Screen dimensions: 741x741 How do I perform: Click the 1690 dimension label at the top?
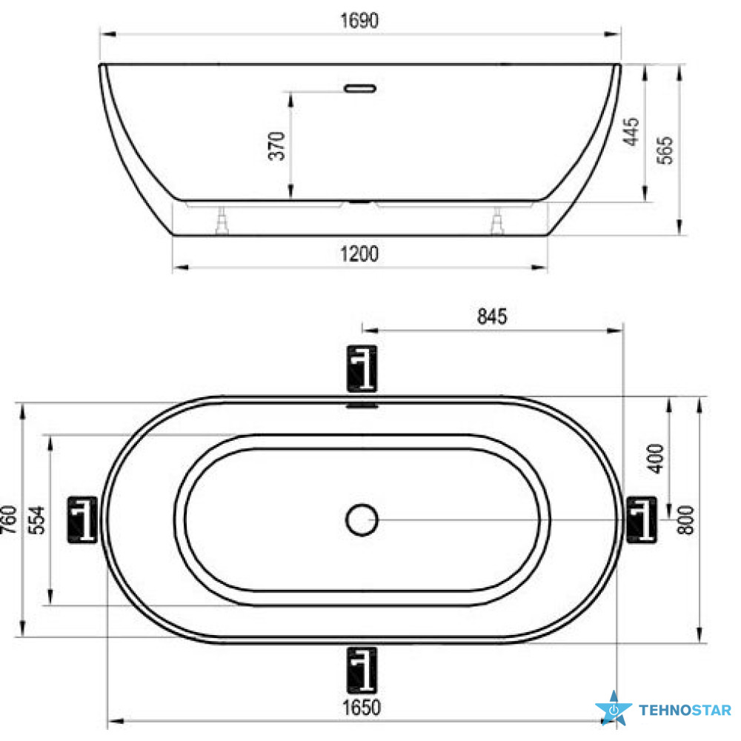359,21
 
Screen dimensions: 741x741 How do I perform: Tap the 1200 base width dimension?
359,254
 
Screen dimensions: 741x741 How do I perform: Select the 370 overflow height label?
277,147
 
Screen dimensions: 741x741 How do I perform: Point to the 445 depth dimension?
631,132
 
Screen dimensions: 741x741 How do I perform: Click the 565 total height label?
665,150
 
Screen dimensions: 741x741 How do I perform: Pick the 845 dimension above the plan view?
492,316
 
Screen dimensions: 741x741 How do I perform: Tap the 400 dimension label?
656,459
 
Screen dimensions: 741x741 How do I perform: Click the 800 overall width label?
685,520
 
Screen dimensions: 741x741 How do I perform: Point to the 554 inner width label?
37,520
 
